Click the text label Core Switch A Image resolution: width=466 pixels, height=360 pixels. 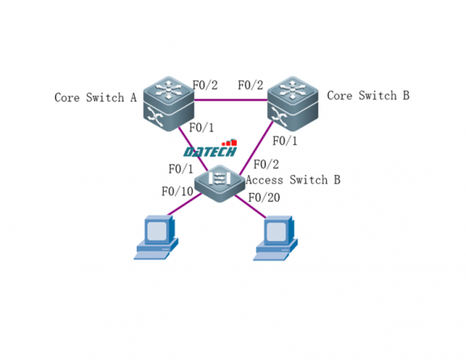(95, 97)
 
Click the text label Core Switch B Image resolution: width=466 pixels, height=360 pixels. (368, 96)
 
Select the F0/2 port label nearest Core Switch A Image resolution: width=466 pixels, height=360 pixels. (204, 84)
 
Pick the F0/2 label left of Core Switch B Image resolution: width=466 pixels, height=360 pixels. (250, 84)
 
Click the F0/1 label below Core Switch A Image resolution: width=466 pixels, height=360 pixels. (201, 127)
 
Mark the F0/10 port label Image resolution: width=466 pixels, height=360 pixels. (177, 192)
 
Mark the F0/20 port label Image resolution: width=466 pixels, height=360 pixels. (263, 197)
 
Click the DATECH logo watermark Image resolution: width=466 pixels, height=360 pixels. (209, 150)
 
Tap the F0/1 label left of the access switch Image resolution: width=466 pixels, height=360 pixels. (181, 169)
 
